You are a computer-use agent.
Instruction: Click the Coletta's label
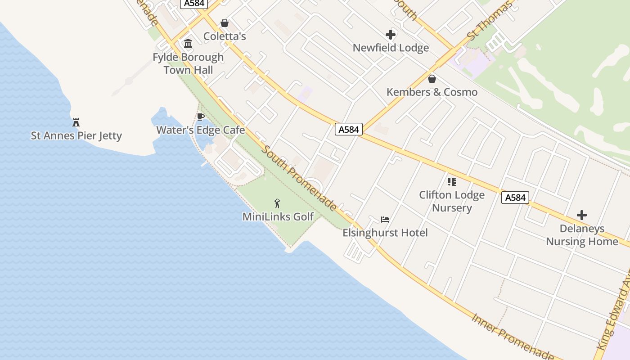tap(225, 36)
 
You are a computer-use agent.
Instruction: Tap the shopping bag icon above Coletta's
tap(225, 23)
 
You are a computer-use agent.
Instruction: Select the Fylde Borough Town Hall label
tap(188, 63)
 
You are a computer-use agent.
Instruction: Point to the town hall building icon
tap(188, 44)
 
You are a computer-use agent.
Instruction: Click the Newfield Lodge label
tap(391, 48)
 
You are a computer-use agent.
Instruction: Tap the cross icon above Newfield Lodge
tap(391, 34)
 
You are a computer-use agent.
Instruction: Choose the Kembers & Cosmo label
tap(432, 92)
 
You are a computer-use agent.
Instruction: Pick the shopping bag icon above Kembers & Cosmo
tap(432, 79)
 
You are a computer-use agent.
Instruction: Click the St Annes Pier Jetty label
tap(76, 135)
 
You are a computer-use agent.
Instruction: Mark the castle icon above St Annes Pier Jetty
tap(76, 122)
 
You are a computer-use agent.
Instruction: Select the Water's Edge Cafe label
tap(201, 130)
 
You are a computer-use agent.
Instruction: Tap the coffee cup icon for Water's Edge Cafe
tap(201, 117)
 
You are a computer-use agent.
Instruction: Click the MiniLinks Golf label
tap(278, 216)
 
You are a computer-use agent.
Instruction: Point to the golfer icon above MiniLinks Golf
tap(278, 203)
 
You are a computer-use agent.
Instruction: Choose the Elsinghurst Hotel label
tap(385, 233)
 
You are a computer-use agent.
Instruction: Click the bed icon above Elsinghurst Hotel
tap(385, 220)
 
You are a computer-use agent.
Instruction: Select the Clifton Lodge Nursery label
tap(452, 201)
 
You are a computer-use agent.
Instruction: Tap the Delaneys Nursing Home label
tap(582, 235)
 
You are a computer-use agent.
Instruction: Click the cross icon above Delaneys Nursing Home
tap(582, 215)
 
